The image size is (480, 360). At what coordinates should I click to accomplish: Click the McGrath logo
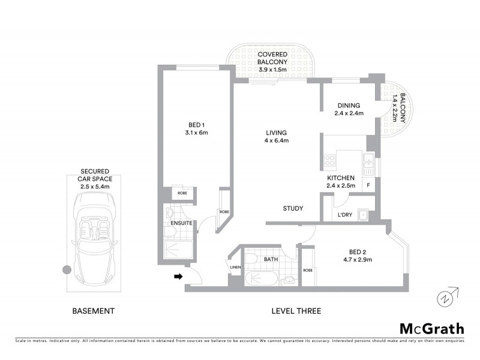(432, 328)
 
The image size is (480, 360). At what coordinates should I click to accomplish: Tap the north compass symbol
(445, 298)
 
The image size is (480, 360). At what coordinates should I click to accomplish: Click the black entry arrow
(178, 277)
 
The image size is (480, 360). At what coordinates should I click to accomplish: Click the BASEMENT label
(93, 311)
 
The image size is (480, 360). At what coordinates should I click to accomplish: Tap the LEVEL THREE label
(296, 311)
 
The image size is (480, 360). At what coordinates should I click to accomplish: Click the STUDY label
(293, 209)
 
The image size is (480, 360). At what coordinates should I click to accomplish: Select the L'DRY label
(344, 214)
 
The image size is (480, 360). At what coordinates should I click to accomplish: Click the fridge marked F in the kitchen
(368, 185)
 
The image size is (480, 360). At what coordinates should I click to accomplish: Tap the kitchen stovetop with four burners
(330, 160)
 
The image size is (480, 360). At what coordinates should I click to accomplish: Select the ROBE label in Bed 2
(308, 269)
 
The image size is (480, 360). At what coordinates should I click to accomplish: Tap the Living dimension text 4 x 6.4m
(277, 141)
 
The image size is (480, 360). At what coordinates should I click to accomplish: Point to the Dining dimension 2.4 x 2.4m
(349, 112)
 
